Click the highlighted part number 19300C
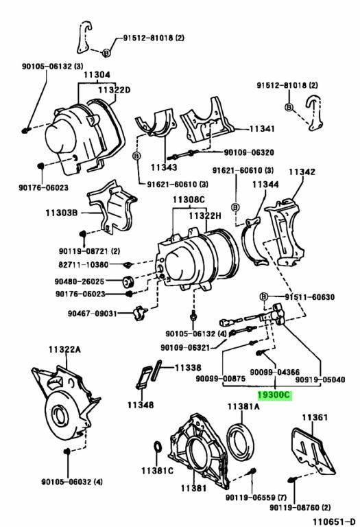(x=274, y=395)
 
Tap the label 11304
(x=97, y=75)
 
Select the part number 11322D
(x=115, y=90)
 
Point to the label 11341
(x=262, y=129)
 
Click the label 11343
(x=164, y=167)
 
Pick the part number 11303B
(x=62, y=213)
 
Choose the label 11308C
(x=189, y=200)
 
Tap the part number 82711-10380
(x=84, y=265)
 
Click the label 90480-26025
(x=80, y=281)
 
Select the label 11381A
(x=243, y=407)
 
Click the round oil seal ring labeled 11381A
(x=239, y=442)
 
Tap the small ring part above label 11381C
(x=158, y=447)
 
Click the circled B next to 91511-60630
(x=264, y=296)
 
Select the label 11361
(x=315, y=417)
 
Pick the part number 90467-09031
(x=93, y=314)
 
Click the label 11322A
(x=64, y=349)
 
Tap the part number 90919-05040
(x=320, y=379)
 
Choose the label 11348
(x=141, y=405)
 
